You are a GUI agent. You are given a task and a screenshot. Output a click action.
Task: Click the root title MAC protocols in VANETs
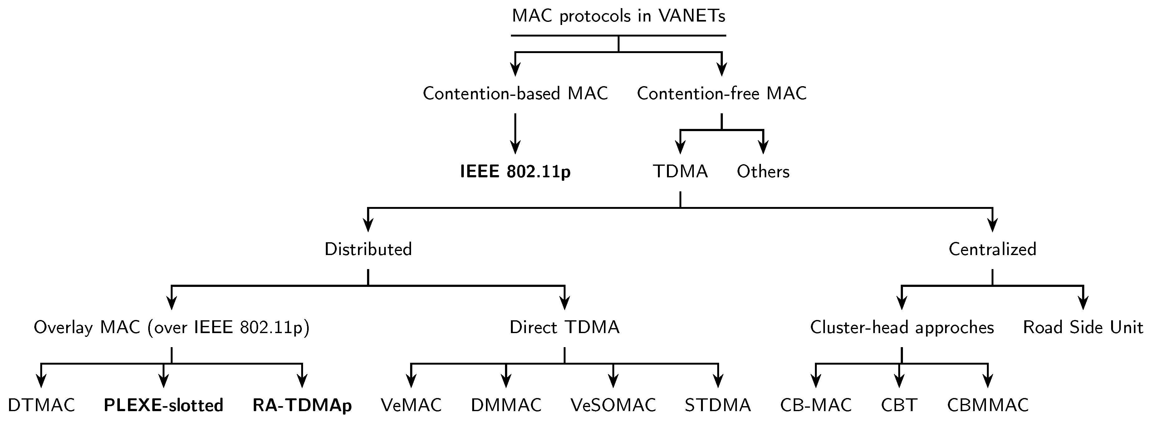coord(618,17)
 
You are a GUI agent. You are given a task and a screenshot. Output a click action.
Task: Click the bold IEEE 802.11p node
coord(515,172)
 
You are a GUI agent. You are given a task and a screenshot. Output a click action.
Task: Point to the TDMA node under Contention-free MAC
coord(680,172)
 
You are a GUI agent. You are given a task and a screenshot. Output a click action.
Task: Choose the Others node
coord(763,172)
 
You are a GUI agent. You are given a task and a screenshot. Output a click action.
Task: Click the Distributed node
coord(368,249)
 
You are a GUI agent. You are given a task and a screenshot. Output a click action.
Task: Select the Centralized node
coord(992,249)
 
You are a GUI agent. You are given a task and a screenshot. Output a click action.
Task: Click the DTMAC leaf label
coord(41,406)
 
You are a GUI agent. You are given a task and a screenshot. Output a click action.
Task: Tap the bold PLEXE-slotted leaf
coord(163,406)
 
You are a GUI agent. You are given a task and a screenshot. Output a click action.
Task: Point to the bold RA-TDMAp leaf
coord(302,406)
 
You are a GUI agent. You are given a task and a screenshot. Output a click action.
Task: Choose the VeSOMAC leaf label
coord(613,406)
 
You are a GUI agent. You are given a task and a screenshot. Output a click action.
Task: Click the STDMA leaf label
coord(718,406)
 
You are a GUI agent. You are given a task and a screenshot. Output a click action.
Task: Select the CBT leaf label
coord(899,406)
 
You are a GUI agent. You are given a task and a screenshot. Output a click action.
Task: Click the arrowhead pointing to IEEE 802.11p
coord(515,148)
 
